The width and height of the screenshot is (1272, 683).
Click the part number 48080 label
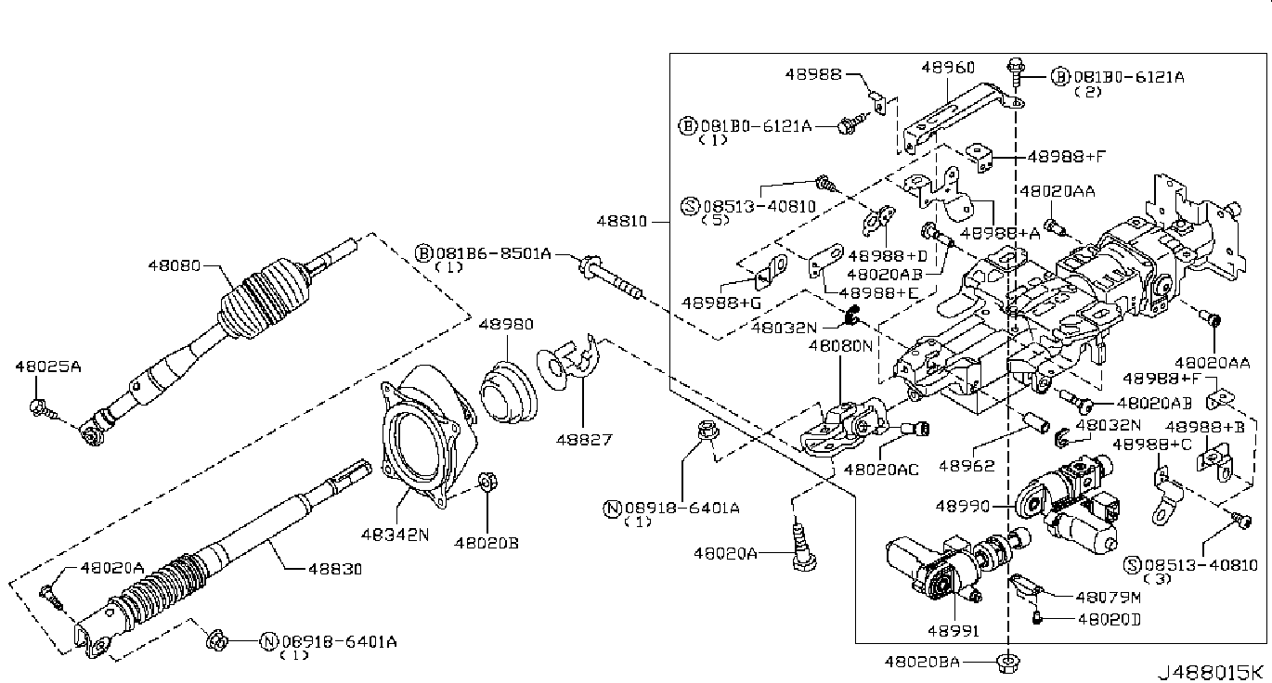[174, 264]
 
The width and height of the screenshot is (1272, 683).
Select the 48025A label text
[48, 367]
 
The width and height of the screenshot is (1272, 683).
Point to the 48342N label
[396, 535]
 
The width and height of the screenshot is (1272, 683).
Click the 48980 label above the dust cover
[506, 325]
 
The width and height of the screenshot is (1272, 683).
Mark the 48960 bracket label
[948, 68]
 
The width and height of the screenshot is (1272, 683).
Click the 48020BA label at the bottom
[922, 663]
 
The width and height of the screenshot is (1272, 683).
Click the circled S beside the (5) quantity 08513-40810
[690, 206]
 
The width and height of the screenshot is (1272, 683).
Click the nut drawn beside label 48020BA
[1006, 663]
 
